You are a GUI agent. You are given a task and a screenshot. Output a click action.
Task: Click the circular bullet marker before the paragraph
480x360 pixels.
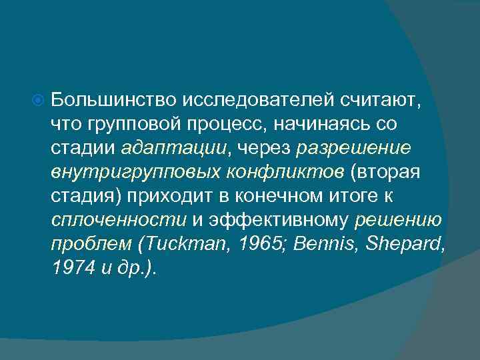38,101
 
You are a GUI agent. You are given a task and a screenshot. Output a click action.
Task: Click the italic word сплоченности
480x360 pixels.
118,221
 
